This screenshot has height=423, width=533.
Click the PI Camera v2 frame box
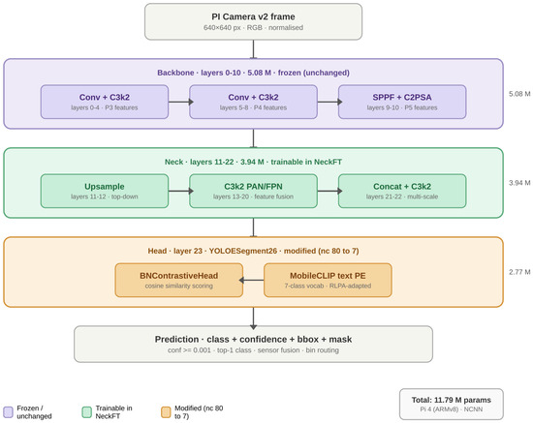tap(253, 21)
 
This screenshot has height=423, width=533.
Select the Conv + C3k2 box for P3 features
tap(105, 102)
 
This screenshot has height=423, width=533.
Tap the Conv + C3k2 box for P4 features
tap(253, 102)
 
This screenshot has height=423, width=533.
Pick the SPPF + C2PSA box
tap(402, 102)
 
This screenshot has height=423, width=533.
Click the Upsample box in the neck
tap(105, 191)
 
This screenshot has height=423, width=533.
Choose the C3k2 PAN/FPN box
tap(253, 191)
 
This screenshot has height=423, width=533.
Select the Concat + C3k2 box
tap(402, 191)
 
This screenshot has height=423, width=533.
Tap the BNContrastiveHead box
tap(179, 280)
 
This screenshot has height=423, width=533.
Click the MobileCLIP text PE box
tap(328, 280)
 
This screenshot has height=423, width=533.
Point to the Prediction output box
tap(253, 345)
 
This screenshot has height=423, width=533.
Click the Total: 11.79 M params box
tap(452, 404)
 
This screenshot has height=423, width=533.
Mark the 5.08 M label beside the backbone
tap(519, 94)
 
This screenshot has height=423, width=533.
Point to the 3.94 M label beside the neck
tap(519, 183)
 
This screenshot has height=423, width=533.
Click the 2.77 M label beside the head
tap(519, 272)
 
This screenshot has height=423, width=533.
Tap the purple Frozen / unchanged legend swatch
tap(8, 412)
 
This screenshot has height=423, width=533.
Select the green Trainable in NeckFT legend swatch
tap(87, 412)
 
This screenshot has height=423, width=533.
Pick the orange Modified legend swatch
tap(166, 412)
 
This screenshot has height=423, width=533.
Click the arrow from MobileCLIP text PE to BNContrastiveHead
tap(251, 280)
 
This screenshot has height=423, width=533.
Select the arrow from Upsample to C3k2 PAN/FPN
tap(181, 191)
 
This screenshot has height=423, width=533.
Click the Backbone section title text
tap(253, 73)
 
